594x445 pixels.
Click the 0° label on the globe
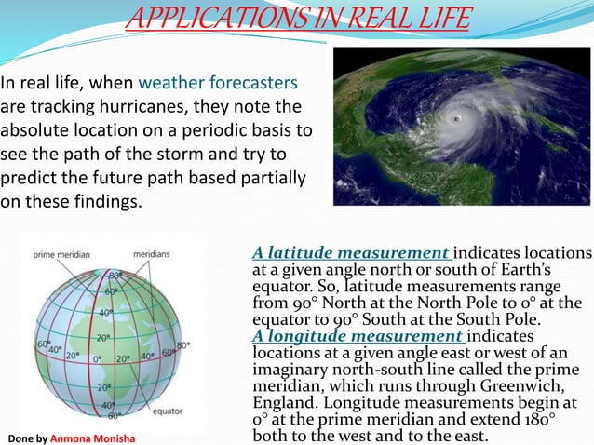pos(98,357)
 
